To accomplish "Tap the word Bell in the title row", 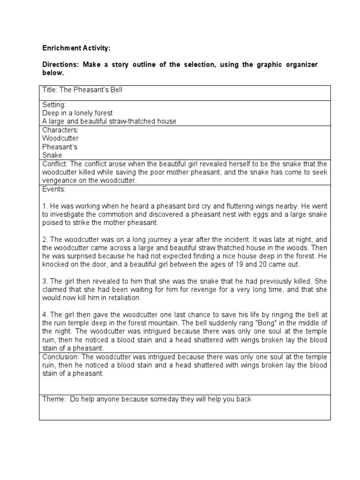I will (115, 90).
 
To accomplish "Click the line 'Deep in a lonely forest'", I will (77, 113).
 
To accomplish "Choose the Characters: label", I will (60, 130).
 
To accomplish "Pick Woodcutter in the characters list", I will (60, 138).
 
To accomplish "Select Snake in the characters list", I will (52, 155).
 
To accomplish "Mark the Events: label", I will (54, 189).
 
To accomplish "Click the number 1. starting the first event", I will (45, 206).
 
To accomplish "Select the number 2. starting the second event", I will (45, 239).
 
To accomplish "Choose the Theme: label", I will (53, 399).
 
